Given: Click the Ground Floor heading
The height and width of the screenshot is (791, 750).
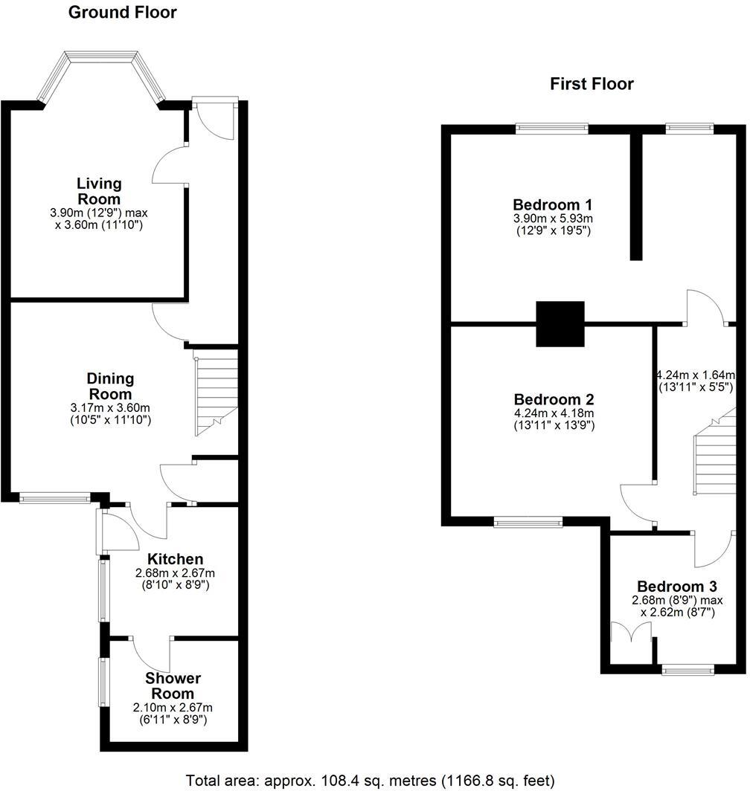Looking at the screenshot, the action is [122, 13].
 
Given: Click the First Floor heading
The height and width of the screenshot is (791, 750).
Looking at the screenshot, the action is [592, 84].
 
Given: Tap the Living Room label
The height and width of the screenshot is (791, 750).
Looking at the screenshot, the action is [98, 191].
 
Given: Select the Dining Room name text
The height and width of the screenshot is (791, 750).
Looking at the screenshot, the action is [110, 387].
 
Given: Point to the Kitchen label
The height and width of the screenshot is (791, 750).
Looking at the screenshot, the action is [176, 559].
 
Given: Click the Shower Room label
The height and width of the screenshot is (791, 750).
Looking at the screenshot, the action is [173, 685].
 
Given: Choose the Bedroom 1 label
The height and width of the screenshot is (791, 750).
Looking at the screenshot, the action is [552, 205].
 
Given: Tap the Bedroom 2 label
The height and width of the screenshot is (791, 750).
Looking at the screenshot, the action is [554, 399].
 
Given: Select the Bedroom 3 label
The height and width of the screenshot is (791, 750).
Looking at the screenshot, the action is [677, 587].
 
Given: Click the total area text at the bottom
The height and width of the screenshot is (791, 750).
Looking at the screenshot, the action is [371, 781].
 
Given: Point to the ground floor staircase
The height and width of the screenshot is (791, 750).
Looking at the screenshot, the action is [217, 396].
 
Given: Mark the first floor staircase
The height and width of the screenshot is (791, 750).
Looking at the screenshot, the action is [714, 451].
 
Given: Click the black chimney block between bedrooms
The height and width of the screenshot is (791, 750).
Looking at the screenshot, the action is [560, 324].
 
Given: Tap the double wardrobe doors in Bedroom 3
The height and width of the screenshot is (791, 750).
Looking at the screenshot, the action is [631, 633].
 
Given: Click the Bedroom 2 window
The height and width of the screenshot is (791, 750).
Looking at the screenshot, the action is [528, 522].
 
